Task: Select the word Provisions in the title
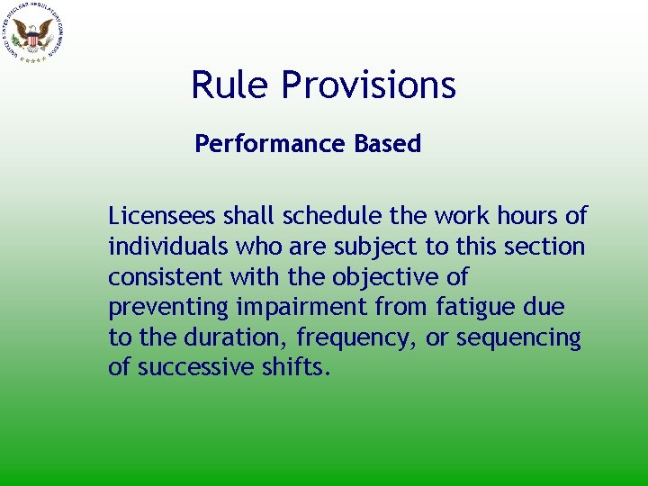pos(369,85)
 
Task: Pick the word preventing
pos(168,308)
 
